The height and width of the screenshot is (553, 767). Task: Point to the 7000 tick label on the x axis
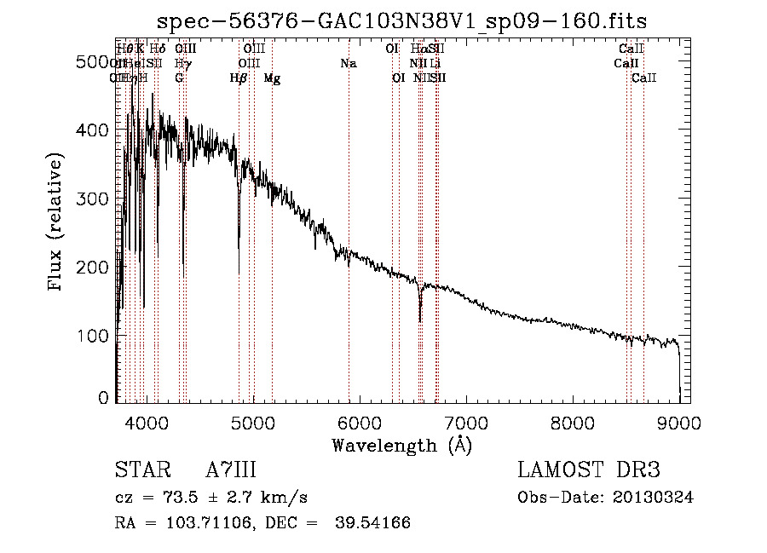[466, 422]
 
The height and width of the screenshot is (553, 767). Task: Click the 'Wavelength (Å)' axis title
[401, 445]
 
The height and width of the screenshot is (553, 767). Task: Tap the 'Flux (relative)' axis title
[57, 223]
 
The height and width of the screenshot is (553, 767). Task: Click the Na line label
[348, 64]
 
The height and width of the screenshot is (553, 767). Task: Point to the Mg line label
[272, 78]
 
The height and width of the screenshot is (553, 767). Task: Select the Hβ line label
[239, 78]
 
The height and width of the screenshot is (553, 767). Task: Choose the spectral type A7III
[231, 470]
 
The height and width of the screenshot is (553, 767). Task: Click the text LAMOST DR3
[589, 470]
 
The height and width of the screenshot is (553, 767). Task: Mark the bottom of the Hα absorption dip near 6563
[420, 320]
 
